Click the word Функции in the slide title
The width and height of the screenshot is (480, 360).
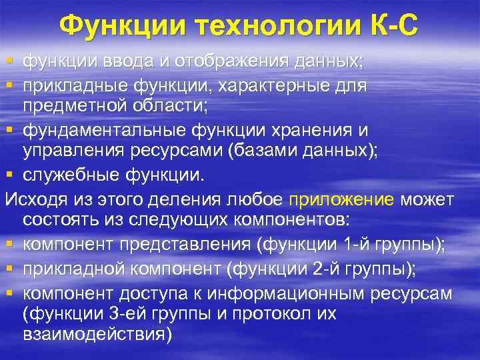124,27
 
